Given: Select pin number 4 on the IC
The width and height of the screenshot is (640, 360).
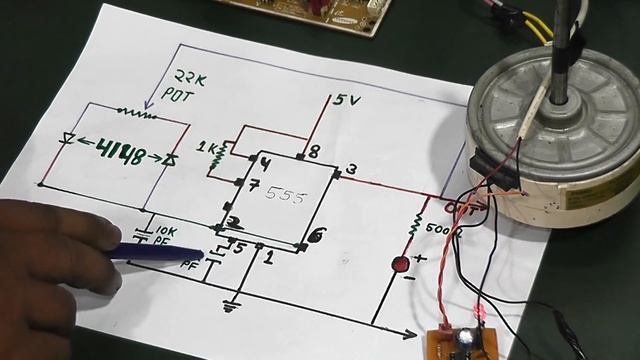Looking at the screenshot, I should [x=265, y=163].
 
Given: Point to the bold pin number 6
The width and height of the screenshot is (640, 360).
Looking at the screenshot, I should [x=318, y=235].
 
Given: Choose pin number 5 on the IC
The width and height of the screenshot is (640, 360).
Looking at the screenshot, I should [x=239, y=248].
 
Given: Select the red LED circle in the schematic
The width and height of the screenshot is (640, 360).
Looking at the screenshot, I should [x=399, y=265].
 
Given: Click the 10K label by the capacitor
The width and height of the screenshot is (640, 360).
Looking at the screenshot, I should [x=167, y=229].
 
